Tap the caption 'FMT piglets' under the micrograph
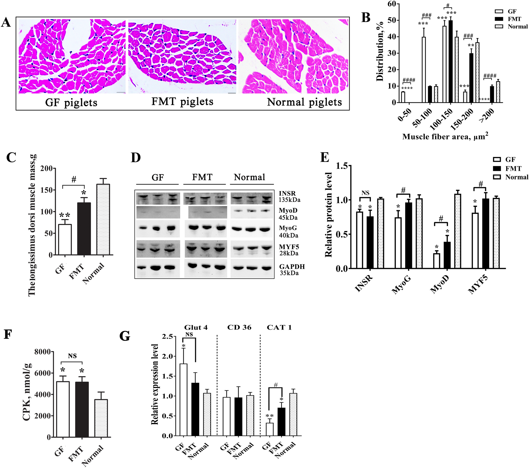(182, 102)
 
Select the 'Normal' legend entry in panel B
(517, 27)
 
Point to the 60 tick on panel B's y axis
(392, 4)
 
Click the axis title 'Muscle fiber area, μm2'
(445, 136)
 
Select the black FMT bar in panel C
(84, 229)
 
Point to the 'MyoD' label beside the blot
(288, 210)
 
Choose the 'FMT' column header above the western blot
(202, 177)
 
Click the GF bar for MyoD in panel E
(436, 261)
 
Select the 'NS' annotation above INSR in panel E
(365, 193)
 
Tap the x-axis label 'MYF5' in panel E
(478, 285)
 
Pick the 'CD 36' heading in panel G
(239, 327)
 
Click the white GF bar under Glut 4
(183, 400)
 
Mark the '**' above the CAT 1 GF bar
(269, 416)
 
